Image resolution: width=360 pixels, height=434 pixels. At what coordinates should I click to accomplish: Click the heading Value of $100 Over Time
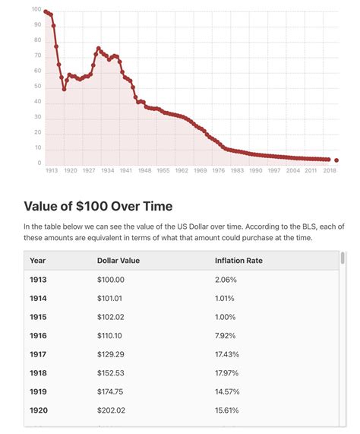[x=98, y=206]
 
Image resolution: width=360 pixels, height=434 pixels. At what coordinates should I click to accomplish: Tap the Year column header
[x=37, y=260]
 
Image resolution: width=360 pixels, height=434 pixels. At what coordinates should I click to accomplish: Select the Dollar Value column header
[x=118, y=260]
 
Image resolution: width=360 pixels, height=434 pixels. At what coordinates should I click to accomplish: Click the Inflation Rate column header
[x=241, y=260]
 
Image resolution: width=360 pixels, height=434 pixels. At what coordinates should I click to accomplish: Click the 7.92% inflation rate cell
[x=226, y=334]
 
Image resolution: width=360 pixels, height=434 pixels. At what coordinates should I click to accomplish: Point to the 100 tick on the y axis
[x=36, y=10]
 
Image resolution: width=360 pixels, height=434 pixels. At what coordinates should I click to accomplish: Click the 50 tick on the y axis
[x=38, y=87]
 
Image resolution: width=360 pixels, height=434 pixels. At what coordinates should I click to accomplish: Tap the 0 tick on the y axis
[x=39, y=163]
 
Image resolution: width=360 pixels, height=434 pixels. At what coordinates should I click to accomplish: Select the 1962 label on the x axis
[x=181, y=171]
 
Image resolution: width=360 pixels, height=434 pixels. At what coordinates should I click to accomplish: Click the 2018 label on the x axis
[x=330, y=171]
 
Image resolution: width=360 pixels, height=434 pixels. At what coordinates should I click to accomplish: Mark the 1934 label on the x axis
[x=106, y=171]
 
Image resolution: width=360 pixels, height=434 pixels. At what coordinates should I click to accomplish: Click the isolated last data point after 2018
[x=336, y=160]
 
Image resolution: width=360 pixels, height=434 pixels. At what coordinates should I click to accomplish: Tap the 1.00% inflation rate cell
[x=226, y=316]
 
